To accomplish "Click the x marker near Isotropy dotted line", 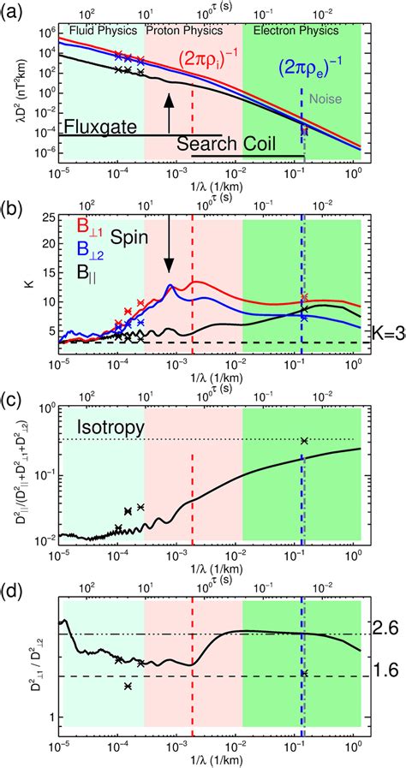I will tap(303, 441).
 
